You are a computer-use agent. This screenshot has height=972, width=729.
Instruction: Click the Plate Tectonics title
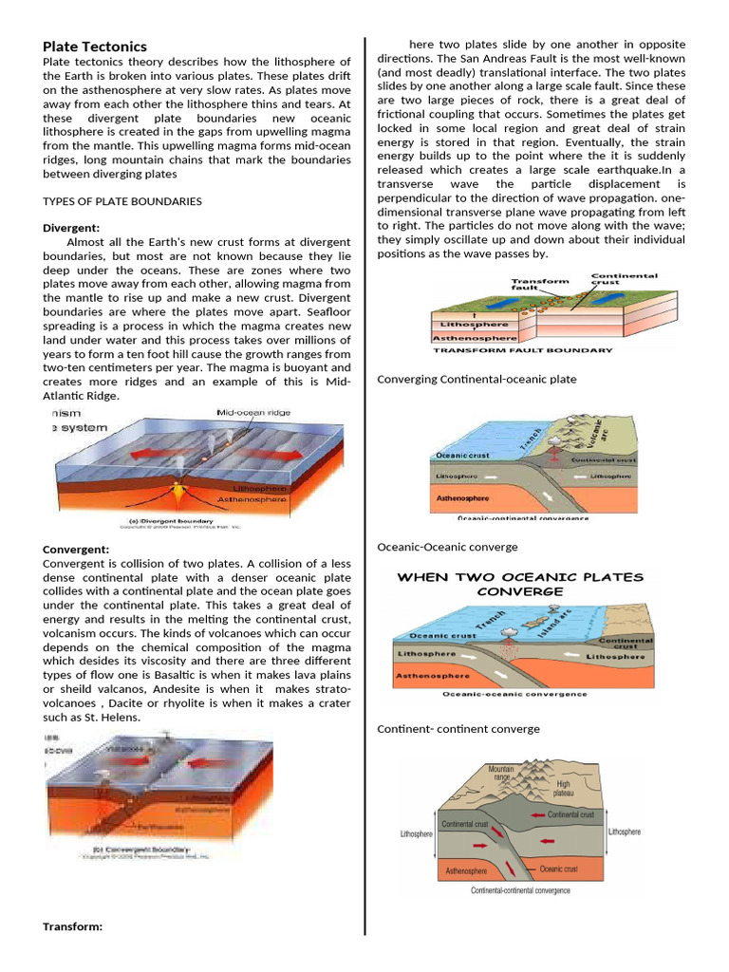[x=95, y=47]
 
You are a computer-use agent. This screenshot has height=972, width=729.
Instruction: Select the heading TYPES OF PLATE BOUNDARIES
[x=122, y=201]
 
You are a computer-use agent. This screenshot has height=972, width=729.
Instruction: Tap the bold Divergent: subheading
[x=72, y=228]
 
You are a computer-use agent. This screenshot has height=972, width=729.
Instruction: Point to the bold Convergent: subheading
[x=76, y=550]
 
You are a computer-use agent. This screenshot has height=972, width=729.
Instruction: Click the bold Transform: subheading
[x=73, y=926]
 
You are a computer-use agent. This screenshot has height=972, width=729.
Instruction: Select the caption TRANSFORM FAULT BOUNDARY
[x=522, y=349]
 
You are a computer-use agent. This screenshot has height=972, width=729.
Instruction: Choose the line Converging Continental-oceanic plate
[x=477, y=380]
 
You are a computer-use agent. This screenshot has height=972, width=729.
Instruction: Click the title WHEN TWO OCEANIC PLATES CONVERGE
[x=519, y=584]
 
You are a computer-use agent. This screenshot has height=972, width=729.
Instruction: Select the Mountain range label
[x=502, y=774]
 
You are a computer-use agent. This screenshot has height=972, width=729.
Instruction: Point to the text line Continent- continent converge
[x=458, y=729]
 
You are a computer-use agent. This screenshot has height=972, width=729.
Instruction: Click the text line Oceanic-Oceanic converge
[x=447, y=547]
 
